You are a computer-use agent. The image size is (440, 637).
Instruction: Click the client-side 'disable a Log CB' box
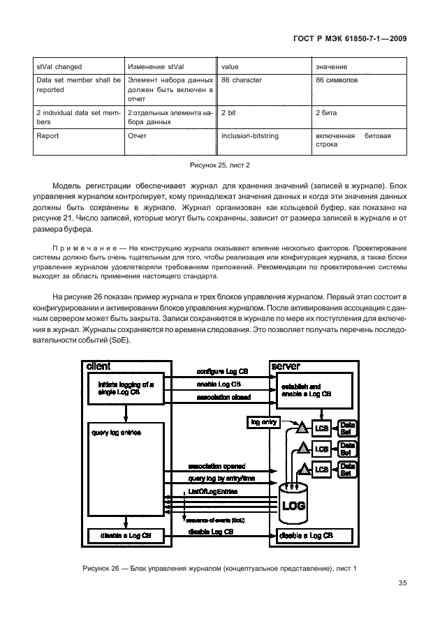[x=126, y=535]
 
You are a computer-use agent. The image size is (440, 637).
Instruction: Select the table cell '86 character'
[x=241, y=80]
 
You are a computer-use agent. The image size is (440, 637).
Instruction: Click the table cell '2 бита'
[x=328, y=112]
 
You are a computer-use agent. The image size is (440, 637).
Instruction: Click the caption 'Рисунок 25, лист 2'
[x=219, y=165]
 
